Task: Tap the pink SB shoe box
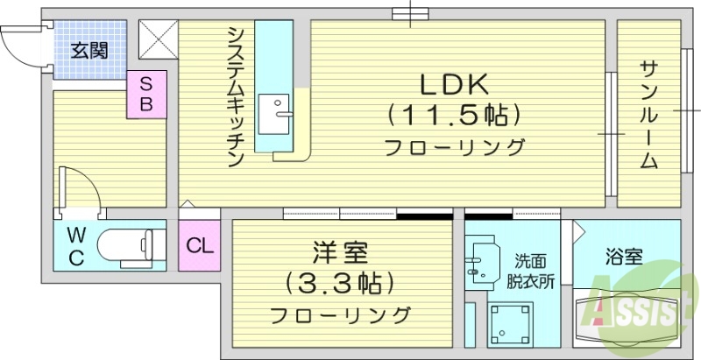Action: [x=146, y=94]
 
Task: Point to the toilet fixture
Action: [x=128, y=245]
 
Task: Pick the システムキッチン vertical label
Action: [x=236, y=96]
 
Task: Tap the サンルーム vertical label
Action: [x=648, y=115]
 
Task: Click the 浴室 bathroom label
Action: [x=625, y=258]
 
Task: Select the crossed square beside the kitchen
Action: [x=159, y=40]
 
